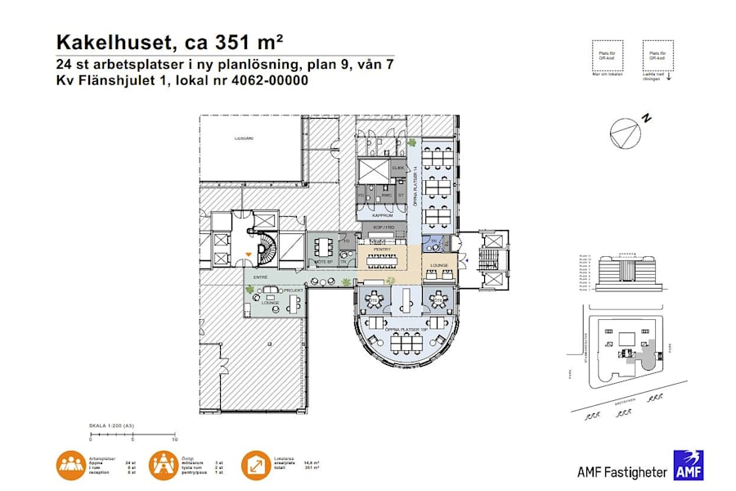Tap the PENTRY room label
[x=382, y=250]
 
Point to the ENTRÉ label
[x=261, y=278]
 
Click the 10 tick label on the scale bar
[x=175, y=440]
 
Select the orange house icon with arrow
[x=256, y=465]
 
